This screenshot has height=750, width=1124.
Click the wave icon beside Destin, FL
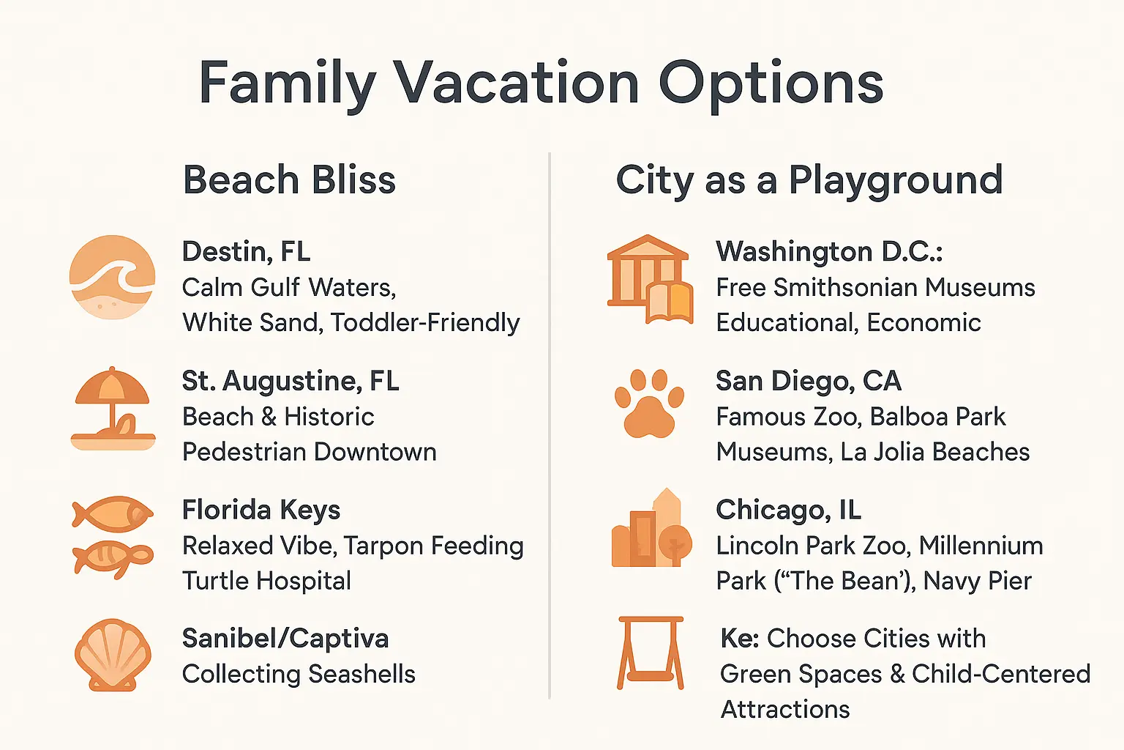click(x=112, y=277)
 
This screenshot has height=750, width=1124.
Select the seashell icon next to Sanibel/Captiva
click(x=113, y=655)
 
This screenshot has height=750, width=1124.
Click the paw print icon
click(x=649, y=403)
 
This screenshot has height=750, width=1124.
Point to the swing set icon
click(x=651, y=653)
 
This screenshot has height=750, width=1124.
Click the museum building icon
click(x=649, y=278)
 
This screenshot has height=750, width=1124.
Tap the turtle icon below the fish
click(x=113, y=560)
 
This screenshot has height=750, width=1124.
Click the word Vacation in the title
click(x=517, y=83)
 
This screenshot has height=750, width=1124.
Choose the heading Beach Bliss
click(x=289, y=180)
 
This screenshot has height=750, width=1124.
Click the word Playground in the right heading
click(x=895, y=180)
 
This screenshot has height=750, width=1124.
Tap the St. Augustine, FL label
click(x=291, y=381)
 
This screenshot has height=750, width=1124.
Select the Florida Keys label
click(x=261, y=510)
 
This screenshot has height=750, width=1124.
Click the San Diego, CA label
click(x=808, y=381)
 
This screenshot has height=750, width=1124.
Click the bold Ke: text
click(x=740, y=639)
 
